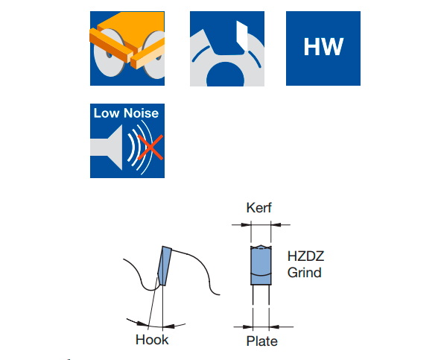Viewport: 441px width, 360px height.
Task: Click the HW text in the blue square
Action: (x=323, y=47)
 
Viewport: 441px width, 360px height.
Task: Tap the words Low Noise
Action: (x=127, y=113)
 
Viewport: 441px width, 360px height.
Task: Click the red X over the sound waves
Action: (x=150, y=148)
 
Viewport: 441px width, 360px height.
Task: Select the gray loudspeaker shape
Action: (x=107, y=148)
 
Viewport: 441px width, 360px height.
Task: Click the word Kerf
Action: (x=258, y=208)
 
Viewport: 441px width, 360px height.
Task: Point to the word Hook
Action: (x=152, y=340)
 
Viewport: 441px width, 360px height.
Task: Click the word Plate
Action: (x=262, y=341)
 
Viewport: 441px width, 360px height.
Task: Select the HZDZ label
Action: (x=305, y=256)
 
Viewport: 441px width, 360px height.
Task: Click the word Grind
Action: (x=305, y=273)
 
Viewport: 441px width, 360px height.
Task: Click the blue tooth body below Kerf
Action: (x=261, y=265)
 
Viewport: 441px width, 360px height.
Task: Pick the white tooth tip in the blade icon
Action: (x=242, y=36)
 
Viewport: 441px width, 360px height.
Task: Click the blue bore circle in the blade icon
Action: (x=225, y=75)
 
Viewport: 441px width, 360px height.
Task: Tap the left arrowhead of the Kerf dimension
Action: (x=246, y=224)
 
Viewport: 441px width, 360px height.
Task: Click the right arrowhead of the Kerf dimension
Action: (x=276, y=224)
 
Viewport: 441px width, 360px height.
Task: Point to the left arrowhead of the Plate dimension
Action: (x=248, y=326)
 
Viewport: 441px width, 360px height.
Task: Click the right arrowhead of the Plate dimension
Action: (x=274, y=326)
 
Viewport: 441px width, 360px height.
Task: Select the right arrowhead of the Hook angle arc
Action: (x=169, y=326)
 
